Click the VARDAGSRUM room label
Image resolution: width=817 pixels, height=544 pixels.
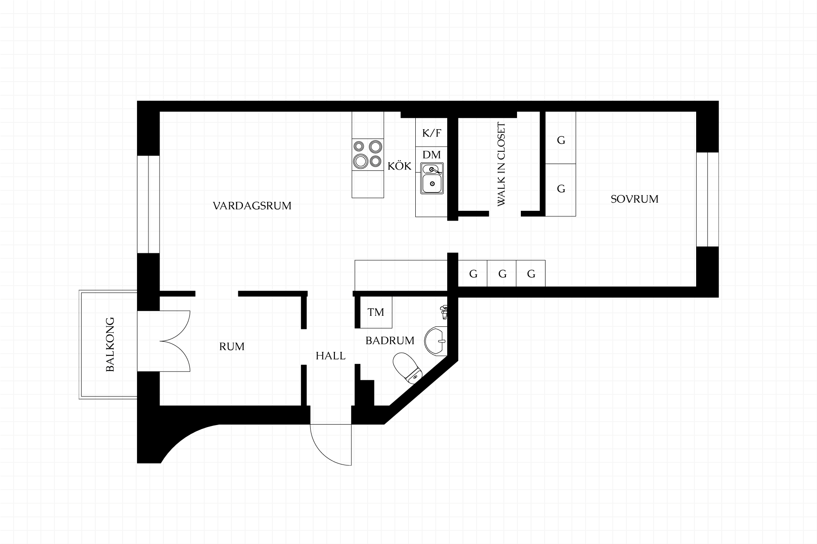252,206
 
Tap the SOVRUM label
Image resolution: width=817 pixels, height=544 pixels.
634,199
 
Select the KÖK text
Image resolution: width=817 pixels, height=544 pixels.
399,166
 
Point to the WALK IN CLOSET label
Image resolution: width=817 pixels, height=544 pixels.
502,164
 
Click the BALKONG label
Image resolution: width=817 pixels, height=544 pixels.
110,344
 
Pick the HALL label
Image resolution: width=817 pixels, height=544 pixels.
331,356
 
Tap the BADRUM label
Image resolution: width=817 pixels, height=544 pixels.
390,340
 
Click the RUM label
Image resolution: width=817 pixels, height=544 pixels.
232,346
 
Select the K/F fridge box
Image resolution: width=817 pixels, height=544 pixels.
431,133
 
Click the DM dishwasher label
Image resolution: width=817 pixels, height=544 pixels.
431,154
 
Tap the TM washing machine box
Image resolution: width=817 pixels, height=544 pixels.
376,312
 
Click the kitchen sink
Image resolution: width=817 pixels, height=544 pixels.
432,178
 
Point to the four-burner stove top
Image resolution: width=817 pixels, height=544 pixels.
368,154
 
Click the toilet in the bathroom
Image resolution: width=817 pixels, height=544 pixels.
408,368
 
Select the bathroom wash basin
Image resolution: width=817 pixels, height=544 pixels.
436,341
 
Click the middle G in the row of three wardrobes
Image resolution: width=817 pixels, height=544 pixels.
502,273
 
